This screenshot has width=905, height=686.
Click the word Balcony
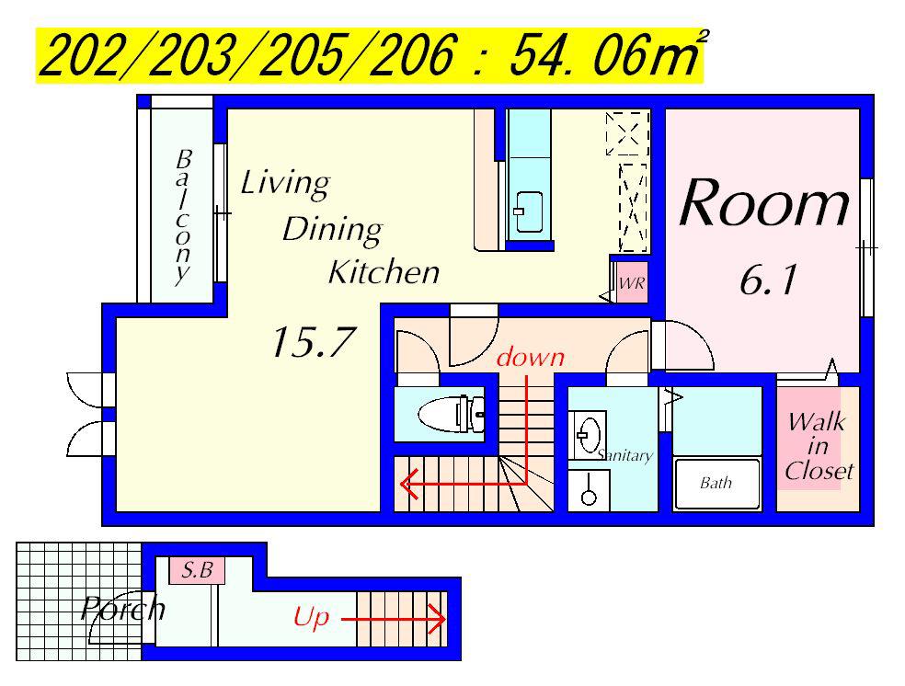point(183,217)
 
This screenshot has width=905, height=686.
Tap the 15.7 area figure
point(312,341)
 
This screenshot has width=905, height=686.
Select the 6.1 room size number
point(768,280)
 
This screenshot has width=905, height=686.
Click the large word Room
point(765,203)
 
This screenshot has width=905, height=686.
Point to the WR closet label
point(632,284)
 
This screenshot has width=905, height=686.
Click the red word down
point(531,357)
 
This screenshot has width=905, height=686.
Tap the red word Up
point(311,617)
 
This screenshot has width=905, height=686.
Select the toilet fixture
point(451,413)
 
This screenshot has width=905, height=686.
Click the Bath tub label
point(716,483)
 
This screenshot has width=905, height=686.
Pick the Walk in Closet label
point(818,447)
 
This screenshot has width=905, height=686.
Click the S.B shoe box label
point(197,570)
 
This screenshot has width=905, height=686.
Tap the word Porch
point(123,608)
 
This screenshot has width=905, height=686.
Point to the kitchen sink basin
point(528,212)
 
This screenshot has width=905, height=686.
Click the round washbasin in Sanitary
point(587,433)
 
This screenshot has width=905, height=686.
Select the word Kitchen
point(384,272)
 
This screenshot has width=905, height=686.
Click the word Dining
point(332,229)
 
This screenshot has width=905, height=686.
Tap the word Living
point(285,184)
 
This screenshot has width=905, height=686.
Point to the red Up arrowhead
point(438,620)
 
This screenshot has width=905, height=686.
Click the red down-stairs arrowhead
point(407,484)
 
